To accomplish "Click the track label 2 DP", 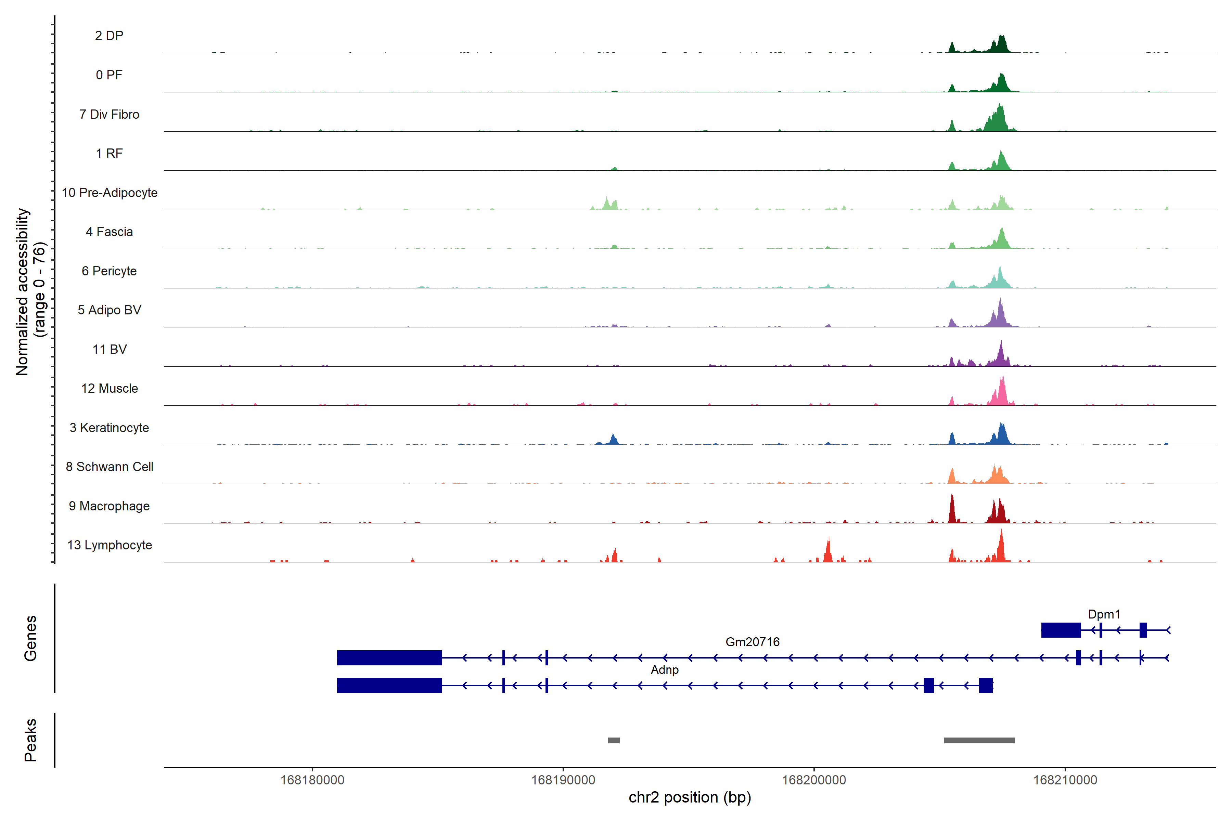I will pyautogui.click(x=109, y=36).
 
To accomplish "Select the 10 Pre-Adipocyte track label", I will pyautogui.click(x=110, y=193).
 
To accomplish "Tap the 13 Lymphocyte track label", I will pyautogui.click(x=110, y=545).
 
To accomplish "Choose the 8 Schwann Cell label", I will pyautogui.click(x=110, y=467).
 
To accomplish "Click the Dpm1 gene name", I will pyautogui.click(x=1104, y=614).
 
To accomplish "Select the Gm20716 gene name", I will pyautogui.click(x=752, y=642).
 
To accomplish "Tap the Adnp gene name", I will pyautogui.click(x=664, y=670).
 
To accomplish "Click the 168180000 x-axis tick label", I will pyautogui.click(x=312, y=780).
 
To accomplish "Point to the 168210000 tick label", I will pyautogui.click(x=1065, y=780).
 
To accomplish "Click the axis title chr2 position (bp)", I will pyautogui.click(x=689, y=797).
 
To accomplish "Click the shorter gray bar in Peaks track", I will pyautogui.click(x=613, y=740).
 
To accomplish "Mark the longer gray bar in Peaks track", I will pyautogui.click(x=979, y=740).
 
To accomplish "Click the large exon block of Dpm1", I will pyautogui.click(x=1061, y=630).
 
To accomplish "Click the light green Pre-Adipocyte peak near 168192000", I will pyautogui.click(x=607, y=204).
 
